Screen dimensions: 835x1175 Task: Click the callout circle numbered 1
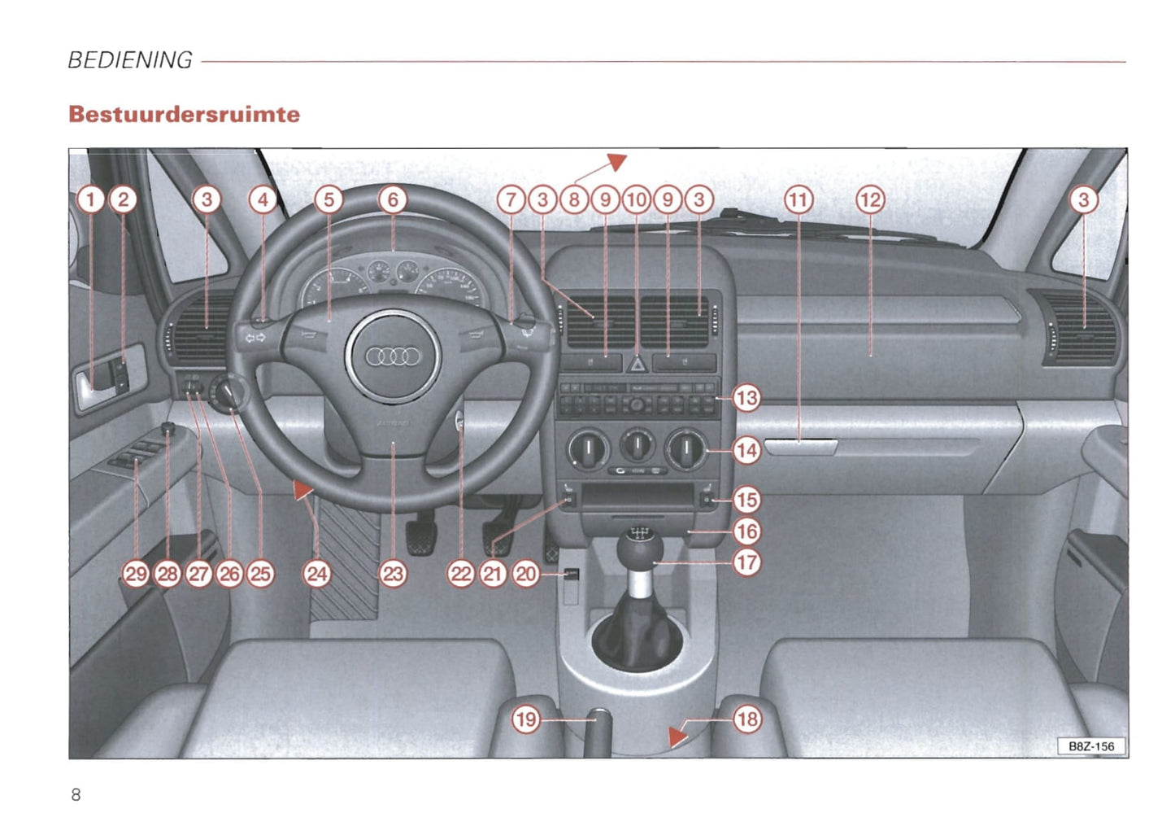91,199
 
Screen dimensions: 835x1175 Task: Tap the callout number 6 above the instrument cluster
393,199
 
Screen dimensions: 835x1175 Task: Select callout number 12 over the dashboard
870,199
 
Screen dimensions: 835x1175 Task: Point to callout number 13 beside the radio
746,398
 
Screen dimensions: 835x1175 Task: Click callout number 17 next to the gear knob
746,562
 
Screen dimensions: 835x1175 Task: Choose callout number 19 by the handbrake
526,719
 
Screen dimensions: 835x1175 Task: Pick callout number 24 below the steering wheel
316,574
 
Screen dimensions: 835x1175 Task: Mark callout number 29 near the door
136,574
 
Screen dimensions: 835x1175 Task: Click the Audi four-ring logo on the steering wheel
393,356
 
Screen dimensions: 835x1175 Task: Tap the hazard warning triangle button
637,364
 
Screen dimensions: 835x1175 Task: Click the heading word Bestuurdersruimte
185,114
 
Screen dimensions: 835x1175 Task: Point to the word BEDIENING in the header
130,60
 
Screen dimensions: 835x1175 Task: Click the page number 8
76,795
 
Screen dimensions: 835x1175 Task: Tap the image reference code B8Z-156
1091,746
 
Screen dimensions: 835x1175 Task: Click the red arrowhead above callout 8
618,161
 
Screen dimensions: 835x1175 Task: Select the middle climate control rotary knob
638,445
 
